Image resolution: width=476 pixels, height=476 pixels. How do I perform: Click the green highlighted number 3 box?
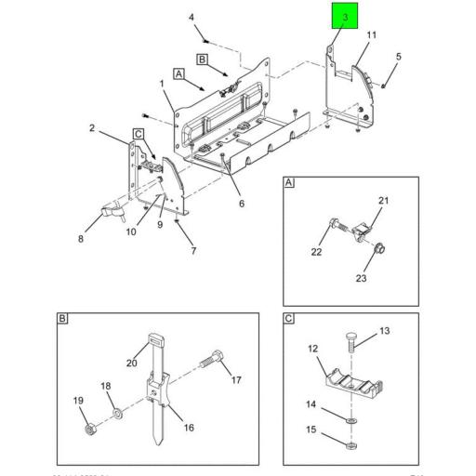tap(344, 18)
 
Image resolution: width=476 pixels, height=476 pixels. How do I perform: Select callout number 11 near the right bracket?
tap(371, 35)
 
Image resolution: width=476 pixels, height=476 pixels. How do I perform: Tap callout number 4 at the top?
tap(191, 18)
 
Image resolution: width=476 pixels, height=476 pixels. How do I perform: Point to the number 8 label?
tap(81, 238)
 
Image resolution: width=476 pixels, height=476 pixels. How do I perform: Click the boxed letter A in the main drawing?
tap(178, 72)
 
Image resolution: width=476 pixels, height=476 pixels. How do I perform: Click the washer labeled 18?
tap(114, 413)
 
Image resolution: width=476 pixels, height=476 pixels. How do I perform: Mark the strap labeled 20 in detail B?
tap(153, 346)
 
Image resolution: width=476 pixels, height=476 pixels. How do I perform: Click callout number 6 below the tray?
tap(240, 204)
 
